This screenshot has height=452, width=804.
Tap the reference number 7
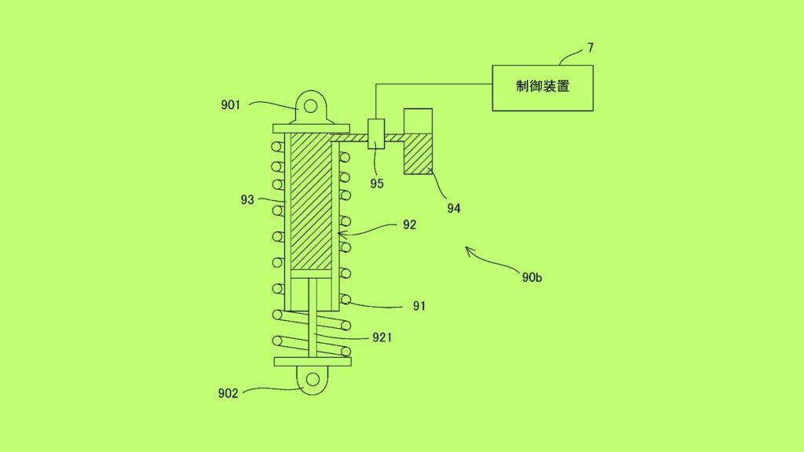pyautogui.click(x=590, y=48)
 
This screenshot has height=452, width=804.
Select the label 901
pyautogui.click(x=231, y=105)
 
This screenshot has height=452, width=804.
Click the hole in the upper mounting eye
pyautogui.click(x=310, y=106)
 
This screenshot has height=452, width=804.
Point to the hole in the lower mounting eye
pyautogui.click(x=312, y=380)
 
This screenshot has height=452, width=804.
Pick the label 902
pyautogui.click(x=228, y=393)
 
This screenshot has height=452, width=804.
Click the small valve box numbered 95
pyautogui.click(x=376, y=133)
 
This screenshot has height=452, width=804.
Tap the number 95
pyautogui.click(x=377, y=184)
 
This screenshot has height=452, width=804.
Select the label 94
pyautogui.click(x=454, y=208)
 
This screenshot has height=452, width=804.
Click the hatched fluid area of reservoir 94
pyautogui.click(x=418, y=154)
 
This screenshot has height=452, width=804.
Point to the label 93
pyautogui.click(x=247, y=200)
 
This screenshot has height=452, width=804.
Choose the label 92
pyautogui.click(x=409, y=225)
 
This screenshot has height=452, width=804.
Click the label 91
pyautogui.click(x=419, y=306)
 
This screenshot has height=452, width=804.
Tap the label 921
pyautogui.click(x=382, y=337)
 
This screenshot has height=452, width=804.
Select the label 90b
pyautogui.click(x=532, y=277)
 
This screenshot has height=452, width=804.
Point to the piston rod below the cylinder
pyautogui.click(x=312, y=318)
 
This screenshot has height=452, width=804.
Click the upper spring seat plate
pyautogui.click(x=311, y=129)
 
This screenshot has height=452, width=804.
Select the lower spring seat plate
pyautogui.click(x=312, y=362)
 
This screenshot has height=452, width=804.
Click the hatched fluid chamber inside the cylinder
pyautogui.click(x=311, y=201)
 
